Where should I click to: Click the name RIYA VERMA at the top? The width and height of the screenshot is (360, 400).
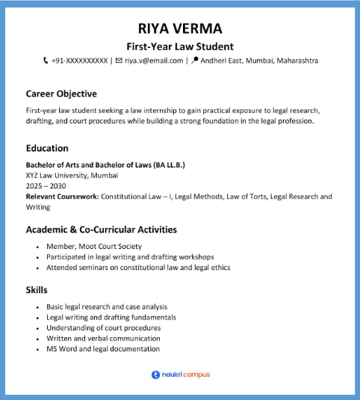180,29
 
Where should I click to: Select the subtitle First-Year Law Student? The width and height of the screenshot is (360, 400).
180,46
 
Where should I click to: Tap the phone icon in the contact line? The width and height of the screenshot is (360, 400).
46,61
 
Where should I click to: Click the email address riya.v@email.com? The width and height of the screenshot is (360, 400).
154,61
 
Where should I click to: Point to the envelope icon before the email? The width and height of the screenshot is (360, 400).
118,61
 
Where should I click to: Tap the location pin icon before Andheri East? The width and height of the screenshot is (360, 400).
196,61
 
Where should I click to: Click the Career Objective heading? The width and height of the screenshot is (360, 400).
61,94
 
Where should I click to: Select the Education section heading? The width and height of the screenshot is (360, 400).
47,148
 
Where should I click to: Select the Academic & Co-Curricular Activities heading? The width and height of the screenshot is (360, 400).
101,230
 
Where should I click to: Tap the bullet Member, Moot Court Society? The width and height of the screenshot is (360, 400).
93,246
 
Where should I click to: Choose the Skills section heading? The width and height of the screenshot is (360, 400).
37,289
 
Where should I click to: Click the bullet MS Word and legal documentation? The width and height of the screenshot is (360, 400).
103,348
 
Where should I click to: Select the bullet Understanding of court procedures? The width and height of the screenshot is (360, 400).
103,327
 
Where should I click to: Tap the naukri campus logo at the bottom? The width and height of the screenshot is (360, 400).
180,375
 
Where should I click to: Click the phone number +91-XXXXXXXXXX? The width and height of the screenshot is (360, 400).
80,61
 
